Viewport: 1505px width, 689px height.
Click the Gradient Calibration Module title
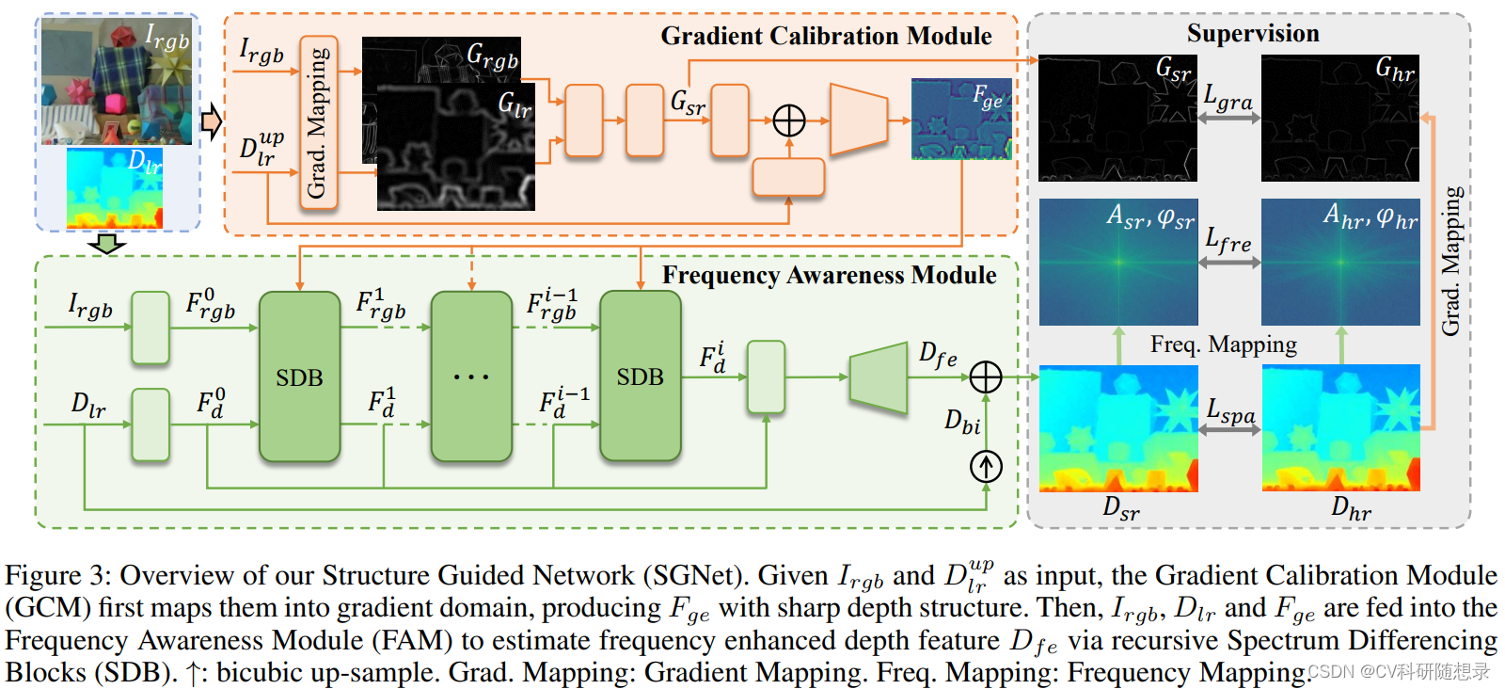coord(825,36)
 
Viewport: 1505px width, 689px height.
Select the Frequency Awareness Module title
coord(829,275)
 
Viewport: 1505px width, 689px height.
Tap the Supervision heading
coord(1252,34)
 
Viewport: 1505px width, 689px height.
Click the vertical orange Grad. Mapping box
coord(318,122)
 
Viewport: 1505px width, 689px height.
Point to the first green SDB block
coord(299,377)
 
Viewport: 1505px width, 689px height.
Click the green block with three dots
coord(471,377)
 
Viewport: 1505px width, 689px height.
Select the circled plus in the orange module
coord(788,120)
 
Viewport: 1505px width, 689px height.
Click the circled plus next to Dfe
coord(985,377)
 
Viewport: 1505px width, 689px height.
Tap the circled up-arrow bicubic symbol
coord(985,466)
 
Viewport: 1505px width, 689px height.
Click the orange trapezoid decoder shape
coord(858,120)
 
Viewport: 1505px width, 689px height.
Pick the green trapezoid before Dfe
coord(878,377)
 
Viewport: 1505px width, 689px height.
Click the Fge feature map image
coord(961,120)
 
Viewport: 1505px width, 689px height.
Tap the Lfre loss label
coord(1228,241)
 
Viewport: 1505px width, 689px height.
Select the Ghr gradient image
coord(1339,119)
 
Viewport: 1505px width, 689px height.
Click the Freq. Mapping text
coord(1223,344)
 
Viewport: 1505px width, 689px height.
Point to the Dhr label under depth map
coord(1351,509)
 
